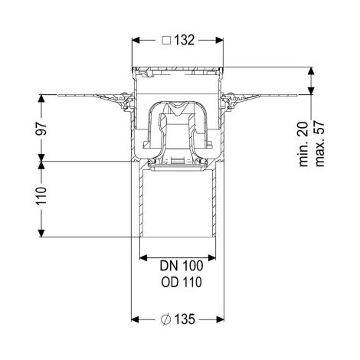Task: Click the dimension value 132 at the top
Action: click(185, 41)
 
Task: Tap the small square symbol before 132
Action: click(166, 41)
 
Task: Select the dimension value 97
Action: click(41, 129)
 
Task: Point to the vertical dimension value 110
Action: click(41, 196)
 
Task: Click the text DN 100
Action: click(182, 266)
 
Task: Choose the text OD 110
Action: click(182, 282)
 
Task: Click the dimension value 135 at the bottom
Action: click(185, 319)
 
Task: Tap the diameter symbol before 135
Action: click(166, 319)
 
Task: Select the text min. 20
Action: click(304, 145)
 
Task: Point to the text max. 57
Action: click(320, 145)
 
